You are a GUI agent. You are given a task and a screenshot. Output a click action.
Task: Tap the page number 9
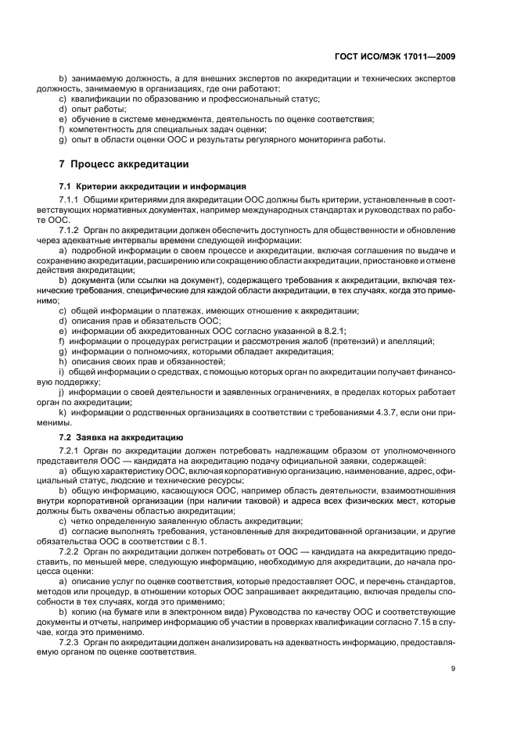tap(453, 668)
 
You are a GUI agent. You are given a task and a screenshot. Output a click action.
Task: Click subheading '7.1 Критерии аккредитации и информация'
tap(153, 186)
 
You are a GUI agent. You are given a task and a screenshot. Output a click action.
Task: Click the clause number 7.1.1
tap(73, 201)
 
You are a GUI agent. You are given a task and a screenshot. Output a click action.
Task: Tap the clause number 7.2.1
tap(73, 451)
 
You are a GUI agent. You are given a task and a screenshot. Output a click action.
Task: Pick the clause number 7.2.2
tap(73, 551)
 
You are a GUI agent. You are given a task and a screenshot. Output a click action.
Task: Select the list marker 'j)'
tap(62, 392)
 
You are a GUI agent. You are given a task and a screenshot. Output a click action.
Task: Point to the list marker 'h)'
tap(62, 361)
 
